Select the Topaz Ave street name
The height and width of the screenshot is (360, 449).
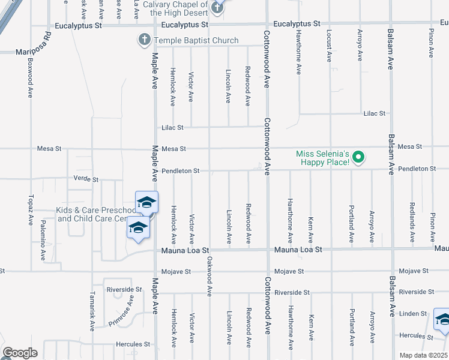(x=31, y=210)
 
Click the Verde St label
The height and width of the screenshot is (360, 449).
(x=85, y=179)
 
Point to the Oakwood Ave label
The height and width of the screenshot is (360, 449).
(x=209, y=277)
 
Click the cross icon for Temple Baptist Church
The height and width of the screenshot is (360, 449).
(x=144, y=40)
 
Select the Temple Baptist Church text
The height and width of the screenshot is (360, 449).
(x=196, y=41)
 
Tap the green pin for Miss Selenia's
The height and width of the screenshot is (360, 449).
(x=359, y=158)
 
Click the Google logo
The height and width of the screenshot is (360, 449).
(x=20, y=353)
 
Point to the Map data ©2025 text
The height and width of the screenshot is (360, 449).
(x=423, y=355)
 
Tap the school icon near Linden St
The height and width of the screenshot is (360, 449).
(x=443, y=320)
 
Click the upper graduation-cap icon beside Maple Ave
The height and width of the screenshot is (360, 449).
(x=146, y=203)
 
